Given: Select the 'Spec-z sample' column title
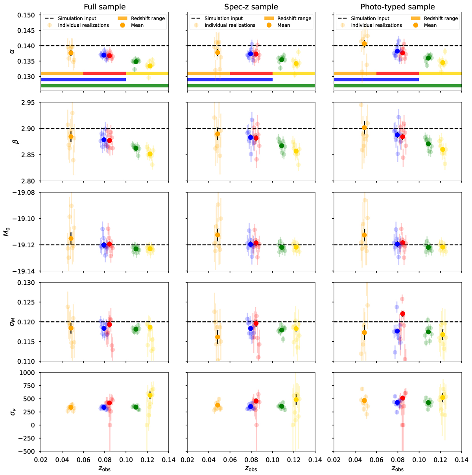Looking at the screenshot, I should (x=251, y=7).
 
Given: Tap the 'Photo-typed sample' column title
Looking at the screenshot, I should (x=398, y=7).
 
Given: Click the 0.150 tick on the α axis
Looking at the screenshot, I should (x=27, y=15).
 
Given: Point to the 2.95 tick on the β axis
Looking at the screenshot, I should (x=29, y=103).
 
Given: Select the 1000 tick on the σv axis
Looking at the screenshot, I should (x=29, y=373).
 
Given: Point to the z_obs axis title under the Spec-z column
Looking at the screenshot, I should (x=251, y=468).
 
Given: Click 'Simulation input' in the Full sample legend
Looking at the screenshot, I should (x=77, y=18).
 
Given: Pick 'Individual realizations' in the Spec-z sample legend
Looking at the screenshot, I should (x=230, y=25).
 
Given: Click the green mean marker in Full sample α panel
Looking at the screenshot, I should (x=136, y=61).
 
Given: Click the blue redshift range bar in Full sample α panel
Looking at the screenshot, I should (x=83, y=79).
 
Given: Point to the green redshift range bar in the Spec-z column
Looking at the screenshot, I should (x=251, y=86).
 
